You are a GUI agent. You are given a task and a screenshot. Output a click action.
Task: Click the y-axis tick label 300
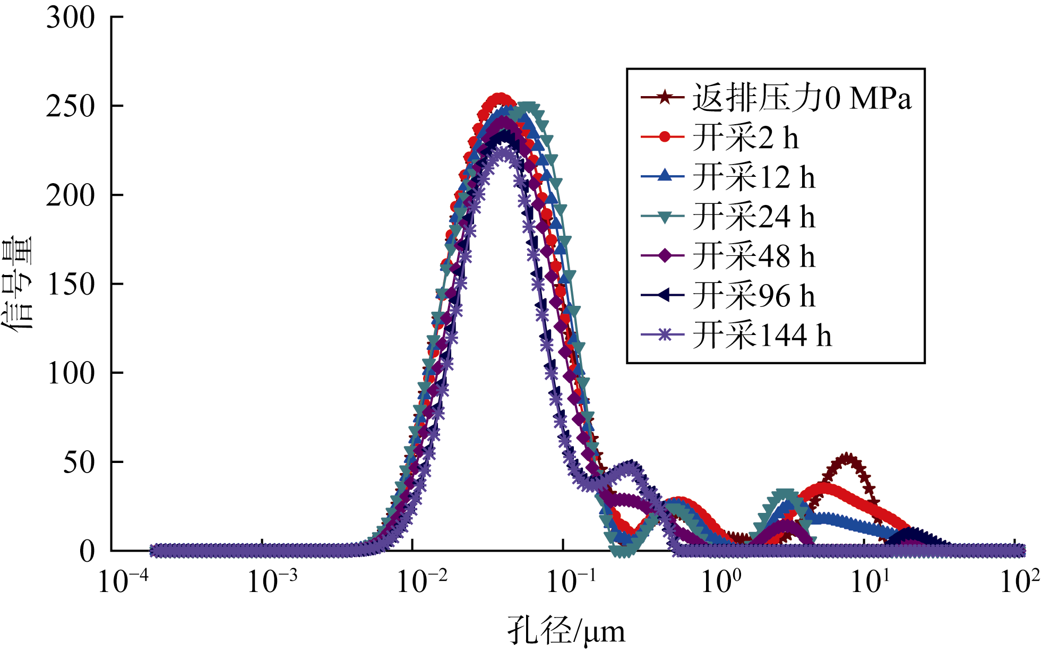[x=71, y=18]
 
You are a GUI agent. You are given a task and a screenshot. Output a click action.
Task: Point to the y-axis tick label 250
[x=71, y=107]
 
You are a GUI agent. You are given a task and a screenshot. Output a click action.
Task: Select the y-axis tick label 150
[x=71, y=285]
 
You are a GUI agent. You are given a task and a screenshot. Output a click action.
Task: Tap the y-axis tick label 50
[x=79, y=462]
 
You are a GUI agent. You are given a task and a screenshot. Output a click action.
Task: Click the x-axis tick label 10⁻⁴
[x=123, y=581]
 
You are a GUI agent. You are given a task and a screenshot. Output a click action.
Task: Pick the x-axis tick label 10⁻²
[x=422, y=581]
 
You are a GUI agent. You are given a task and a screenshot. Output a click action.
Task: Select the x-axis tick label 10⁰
[x=721, y=581]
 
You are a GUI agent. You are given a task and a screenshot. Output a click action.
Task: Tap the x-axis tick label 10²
[x=1019, y=581]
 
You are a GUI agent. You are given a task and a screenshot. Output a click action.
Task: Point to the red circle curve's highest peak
[x=500, y=99]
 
